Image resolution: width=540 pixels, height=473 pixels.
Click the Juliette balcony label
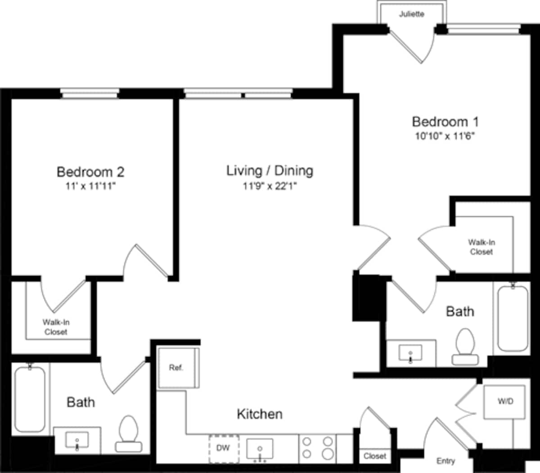click(411, 14)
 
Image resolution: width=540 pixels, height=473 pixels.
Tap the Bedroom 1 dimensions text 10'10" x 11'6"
click(445, 136)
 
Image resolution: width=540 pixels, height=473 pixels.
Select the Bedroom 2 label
click(90, 171)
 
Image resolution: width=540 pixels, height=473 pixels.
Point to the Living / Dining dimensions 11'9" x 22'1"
click(270, 186)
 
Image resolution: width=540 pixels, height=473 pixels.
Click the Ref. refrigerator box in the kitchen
click(176, 368)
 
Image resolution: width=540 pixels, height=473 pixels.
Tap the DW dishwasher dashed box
click(223, 448)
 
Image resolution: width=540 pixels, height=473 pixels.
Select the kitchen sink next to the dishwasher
click(260, 449)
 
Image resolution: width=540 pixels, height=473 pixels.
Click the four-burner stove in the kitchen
click(318, 448)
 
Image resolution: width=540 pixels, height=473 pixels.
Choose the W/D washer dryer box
click(505, 401)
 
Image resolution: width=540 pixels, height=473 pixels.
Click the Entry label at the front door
click(445, 461)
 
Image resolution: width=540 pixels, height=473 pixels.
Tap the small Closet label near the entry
click(375, 456)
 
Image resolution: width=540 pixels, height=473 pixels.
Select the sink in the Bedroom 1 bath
click(410, 353)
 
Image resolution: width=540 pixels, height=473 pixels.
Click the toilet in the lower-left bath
click(129, 433)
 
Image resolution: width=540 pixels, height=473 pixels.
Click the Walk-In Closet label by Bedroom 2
click(56, 327)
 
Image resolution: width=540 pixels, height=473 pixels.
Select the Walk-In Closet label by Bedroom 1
click(481, 247)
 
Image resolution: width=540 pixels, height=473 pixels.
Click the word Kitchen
click(260, 414)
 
